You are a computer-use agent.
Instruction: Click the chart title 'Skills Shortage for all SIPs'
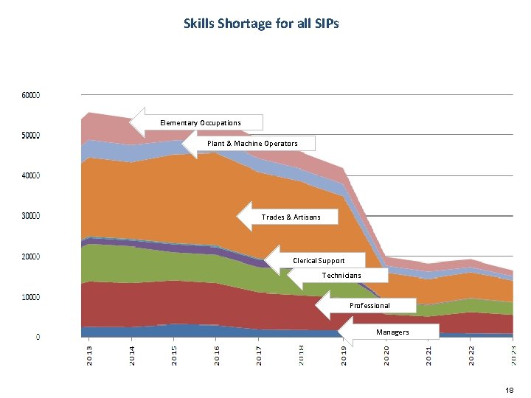click(x=261, y=24)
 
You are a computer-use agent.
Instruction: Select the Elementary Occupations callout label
click(x=201, y=122)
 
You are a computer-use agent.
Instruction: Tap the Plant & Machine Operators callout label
click(x=252, y=143)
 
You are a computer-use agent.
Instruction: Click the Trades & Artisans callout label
click(x=291, y=217)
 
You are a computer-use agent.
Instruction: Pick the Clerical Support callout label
click(x=319, y=260)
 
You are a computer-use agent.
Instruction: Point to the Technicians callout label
click(x=341, y=275)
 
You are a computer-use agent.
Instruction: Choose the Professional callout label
click(x=369, y=305)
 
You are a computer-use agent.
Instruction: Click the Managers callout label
click(x=392, y=332)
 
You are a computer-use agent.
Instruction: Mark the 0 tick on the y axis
click(x=38, y=337)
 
